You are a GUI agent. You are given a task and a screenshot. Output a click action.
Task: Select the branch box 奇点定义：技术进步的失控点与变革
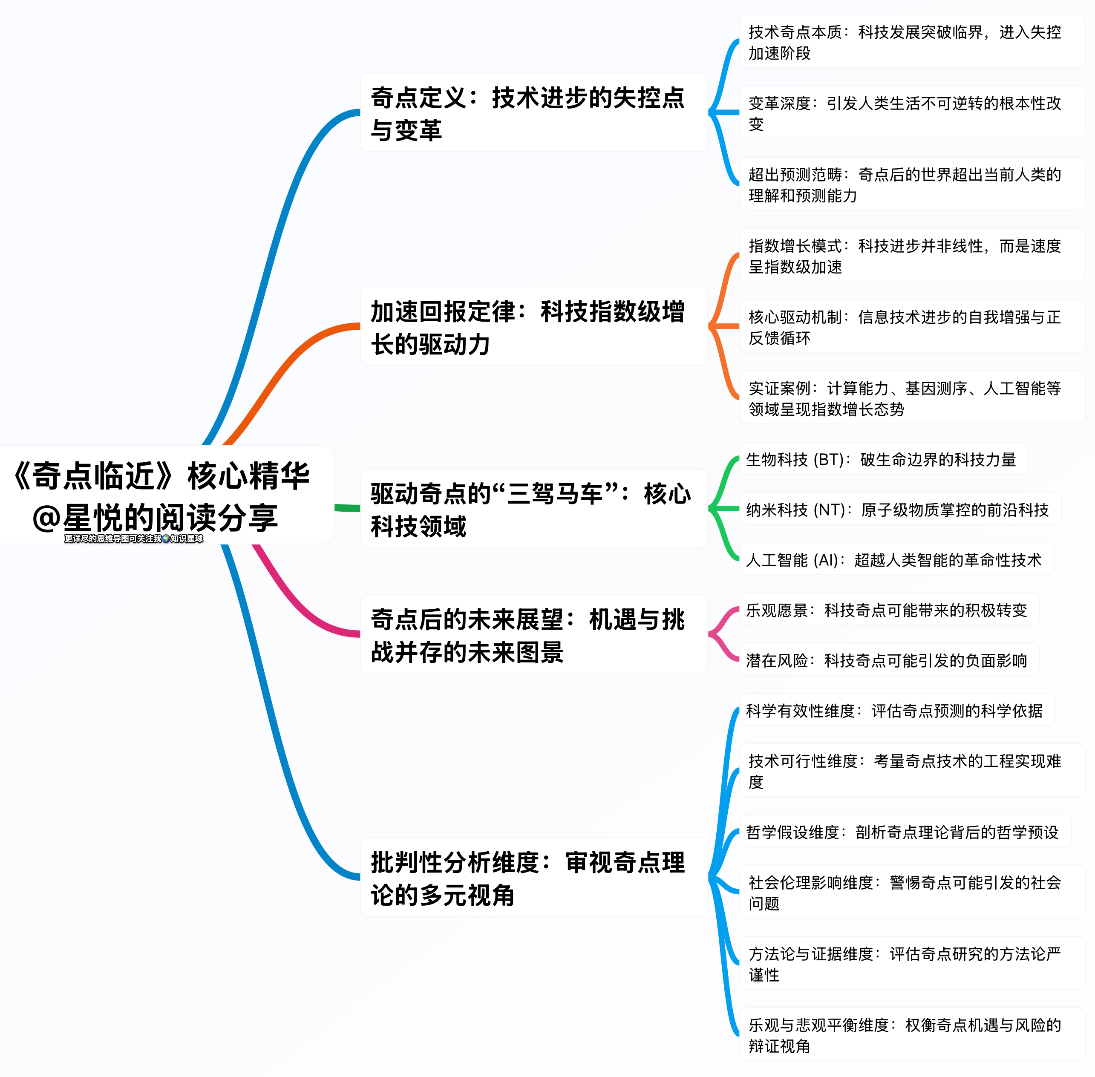pyautogui.click(x=533, y=112)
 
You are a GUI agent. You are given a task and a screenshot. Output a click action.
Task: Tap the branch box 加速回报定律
pyautogui.click(x=533, y=326)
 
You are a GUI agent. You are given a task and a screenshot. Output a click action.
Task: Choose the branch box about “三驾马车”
pyautogui.click(x=533, y=509)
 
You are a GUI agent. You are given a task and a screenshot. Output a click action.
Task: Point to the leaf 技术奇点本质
pyautogui.click(x=911, y=42)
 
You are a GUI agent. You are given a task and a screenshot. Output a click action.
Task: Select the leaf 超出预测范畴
pyautogui.click(x=911, y=184)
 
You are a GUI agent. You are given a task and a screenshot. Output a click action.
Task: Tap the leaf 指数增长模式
pyautogui.click(x=911, y=256)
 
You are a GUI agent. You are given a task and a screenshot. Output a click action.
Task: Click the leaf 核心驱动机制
pyautogui.click(x=911, y=327)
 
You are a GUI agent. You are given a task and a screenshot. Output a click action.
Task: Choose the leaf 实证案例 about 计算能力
pyautogui.click(x=911, y=398)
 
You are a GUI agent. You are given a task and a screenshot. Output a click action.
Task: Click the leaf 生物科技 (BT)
pyautogui.click(x=883, y=459)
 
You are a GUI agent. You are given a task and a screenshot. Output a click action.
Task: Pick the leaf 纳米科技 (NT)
pyautogui.click(x=899, y=509)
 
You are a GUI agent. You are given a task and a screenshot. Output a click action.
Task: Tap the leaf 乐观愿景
pyautogui.click(x=888, y=610)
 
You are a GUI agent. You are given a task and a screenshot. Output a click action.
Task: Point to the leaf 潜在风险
pyautogui.click(x=888, y=659)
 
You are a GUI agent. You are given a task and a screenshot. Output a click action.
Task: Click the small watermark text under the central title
pyautogui.click(x=133, y=538)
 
